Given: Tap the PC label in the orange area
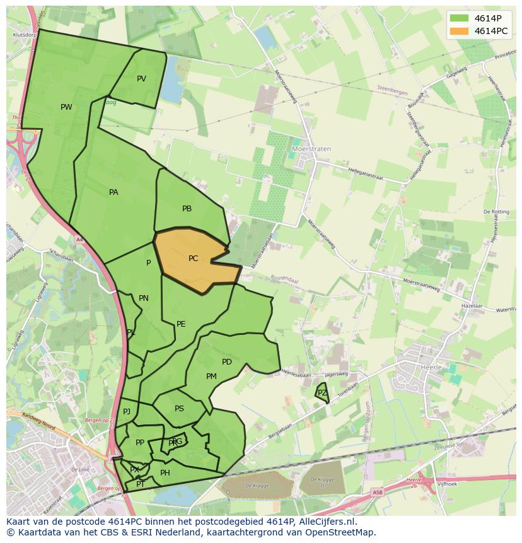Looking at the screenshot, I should click(193, 259).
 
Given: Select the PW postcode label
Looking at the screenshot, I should click(66, 107).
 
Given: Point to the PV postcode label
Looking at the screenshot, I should click(141, 79).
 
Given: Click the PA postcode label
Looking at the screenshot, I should click(113, 192).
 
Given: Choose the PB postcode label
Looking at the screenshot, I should click(187, 209).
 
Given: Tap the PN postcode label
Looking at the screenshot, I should click(144, 298).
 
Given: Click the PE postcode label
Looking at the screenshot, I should click(181, 324).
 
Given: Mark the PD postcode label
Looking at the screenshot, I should click(227, 362).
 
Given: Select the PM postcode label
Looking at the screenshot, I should click(211, 377).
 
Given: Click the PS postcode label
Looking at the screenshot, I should click(179, 409).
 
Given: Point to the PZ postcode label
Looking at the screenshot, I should click(322, 393).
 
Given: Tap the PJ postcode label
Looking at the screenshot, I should click(127, 412).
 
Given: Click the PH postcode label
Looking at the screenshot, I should click(165, 473).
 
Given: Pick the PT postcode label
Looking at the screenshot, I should click(141, 484).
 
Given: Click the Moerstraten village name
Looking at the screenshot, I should click(311, 149).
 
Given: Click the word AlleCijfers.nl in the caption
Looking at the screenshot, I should click(327, 522).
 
